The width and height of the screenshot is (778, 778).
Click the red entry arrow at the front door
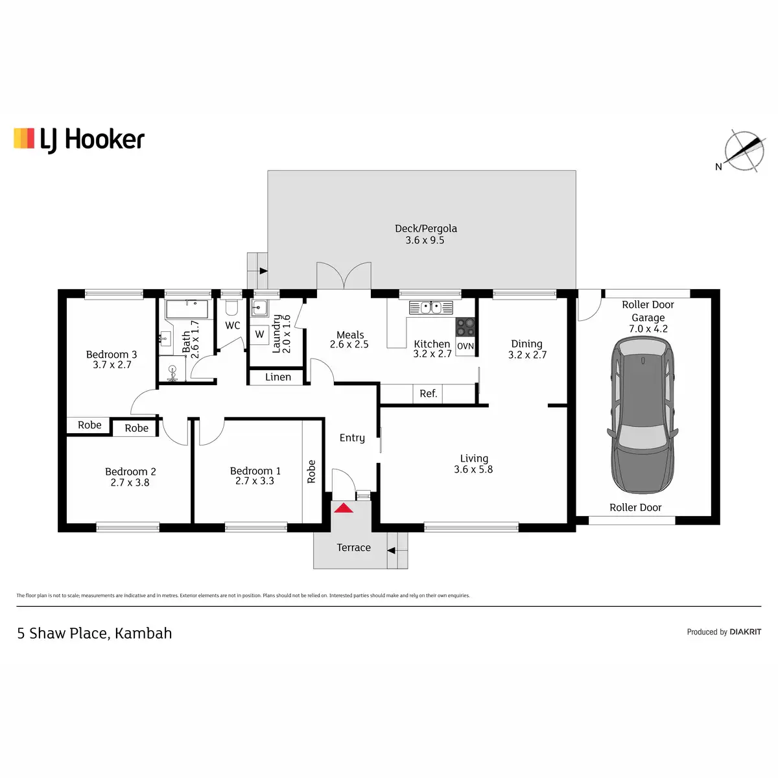coord(344,508)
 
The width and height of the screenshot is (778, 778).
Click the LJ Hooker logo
coord(79,139)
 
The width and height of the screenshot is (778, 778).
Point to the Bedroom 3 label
coord(112,355)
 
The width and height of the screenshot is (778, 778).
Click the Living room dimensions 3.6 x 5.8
coord(473,469)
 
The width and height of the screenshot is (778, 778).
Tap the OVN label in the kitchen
coord(466,346)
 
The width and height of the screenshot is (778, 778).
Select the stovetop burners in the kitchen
coord(466,326)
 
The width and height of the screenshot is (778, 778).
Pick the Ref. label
coord(429,394)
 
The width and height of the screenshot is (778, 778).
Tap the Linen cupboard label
coord(278,377)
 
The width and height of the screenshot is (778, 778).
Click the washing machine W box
coord(259,335)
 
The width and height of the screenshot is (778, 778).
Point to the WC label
coord(233,325)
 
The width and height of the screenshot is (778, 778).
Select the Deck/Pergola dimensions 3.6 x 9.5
coord(425,240)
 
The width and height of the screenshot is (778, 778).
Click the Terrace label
coord(353,548)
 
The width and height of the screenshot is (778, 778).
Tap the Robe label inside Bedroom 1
coord(312,471)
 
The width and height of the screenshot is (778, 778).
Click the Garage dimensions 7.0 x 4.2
coord(648,329)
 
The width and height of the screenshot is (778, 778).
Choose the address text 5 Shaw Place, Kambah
coord(95,633)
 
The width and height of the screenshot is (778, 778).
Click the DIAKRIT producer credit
coord(745,632)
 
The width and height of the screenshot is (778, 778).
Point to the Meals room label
coord(350,335)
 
